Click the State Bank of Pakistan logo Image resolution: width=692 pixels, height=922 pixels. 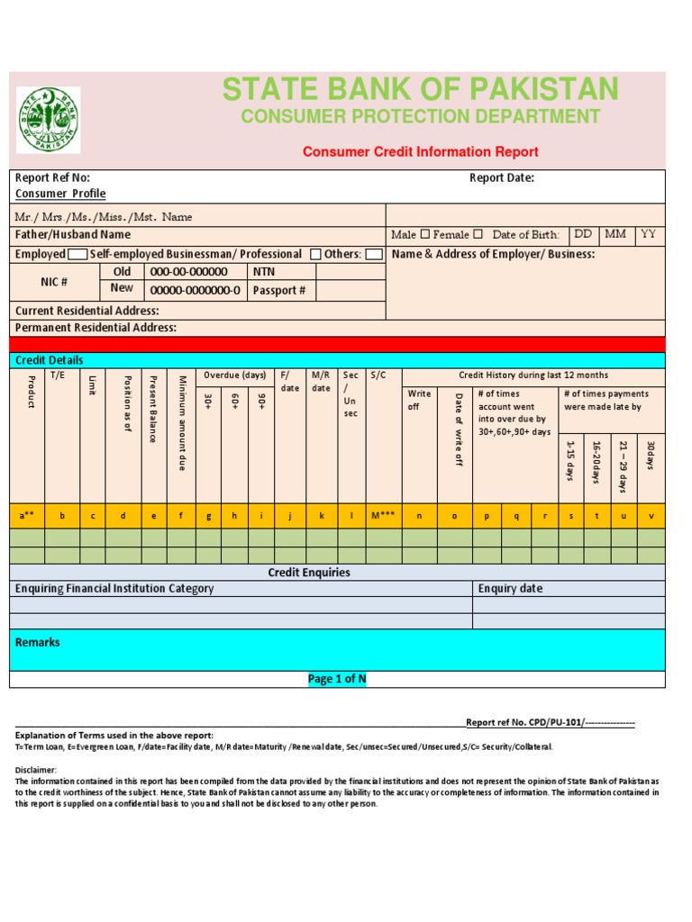[49, 120]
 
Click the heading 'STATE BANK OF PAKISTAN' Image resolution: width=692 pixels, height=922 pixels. [420, 89]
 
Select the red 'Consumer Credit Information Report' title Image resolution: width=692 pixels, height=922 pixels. [420, 152]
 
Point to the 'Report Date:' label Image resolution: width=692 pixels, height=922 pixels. [502, 177]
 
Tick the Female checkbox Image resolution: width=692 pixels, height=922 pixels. [478, 235]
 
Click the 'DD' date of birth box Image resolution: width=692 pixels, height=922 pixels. [583, 234]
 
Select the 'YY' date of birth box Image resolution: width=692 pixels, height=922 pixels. [649, 234]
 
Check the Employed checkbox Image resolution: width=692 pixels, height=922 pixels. [77, 255]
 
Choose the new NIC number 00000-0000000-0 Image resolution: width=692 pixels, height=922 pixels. [195, 290]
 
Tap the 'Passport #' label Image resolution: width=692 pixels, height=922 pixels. [279, 290]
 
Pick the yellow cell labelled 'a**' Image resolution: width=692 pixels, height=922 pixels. [26, 516]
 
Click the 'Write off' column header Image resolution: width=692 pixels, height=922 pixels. [419, 400]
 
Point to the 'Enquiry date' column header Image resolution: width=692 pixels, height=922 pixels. [511, 588]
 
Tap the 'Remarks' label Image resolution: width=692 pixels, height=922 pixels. [38, 642]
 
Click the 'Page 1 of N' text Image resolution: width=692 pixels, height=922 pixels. [337, 679]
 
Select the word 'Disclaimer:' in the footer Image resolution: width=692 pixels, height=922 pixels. [36, 770]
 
